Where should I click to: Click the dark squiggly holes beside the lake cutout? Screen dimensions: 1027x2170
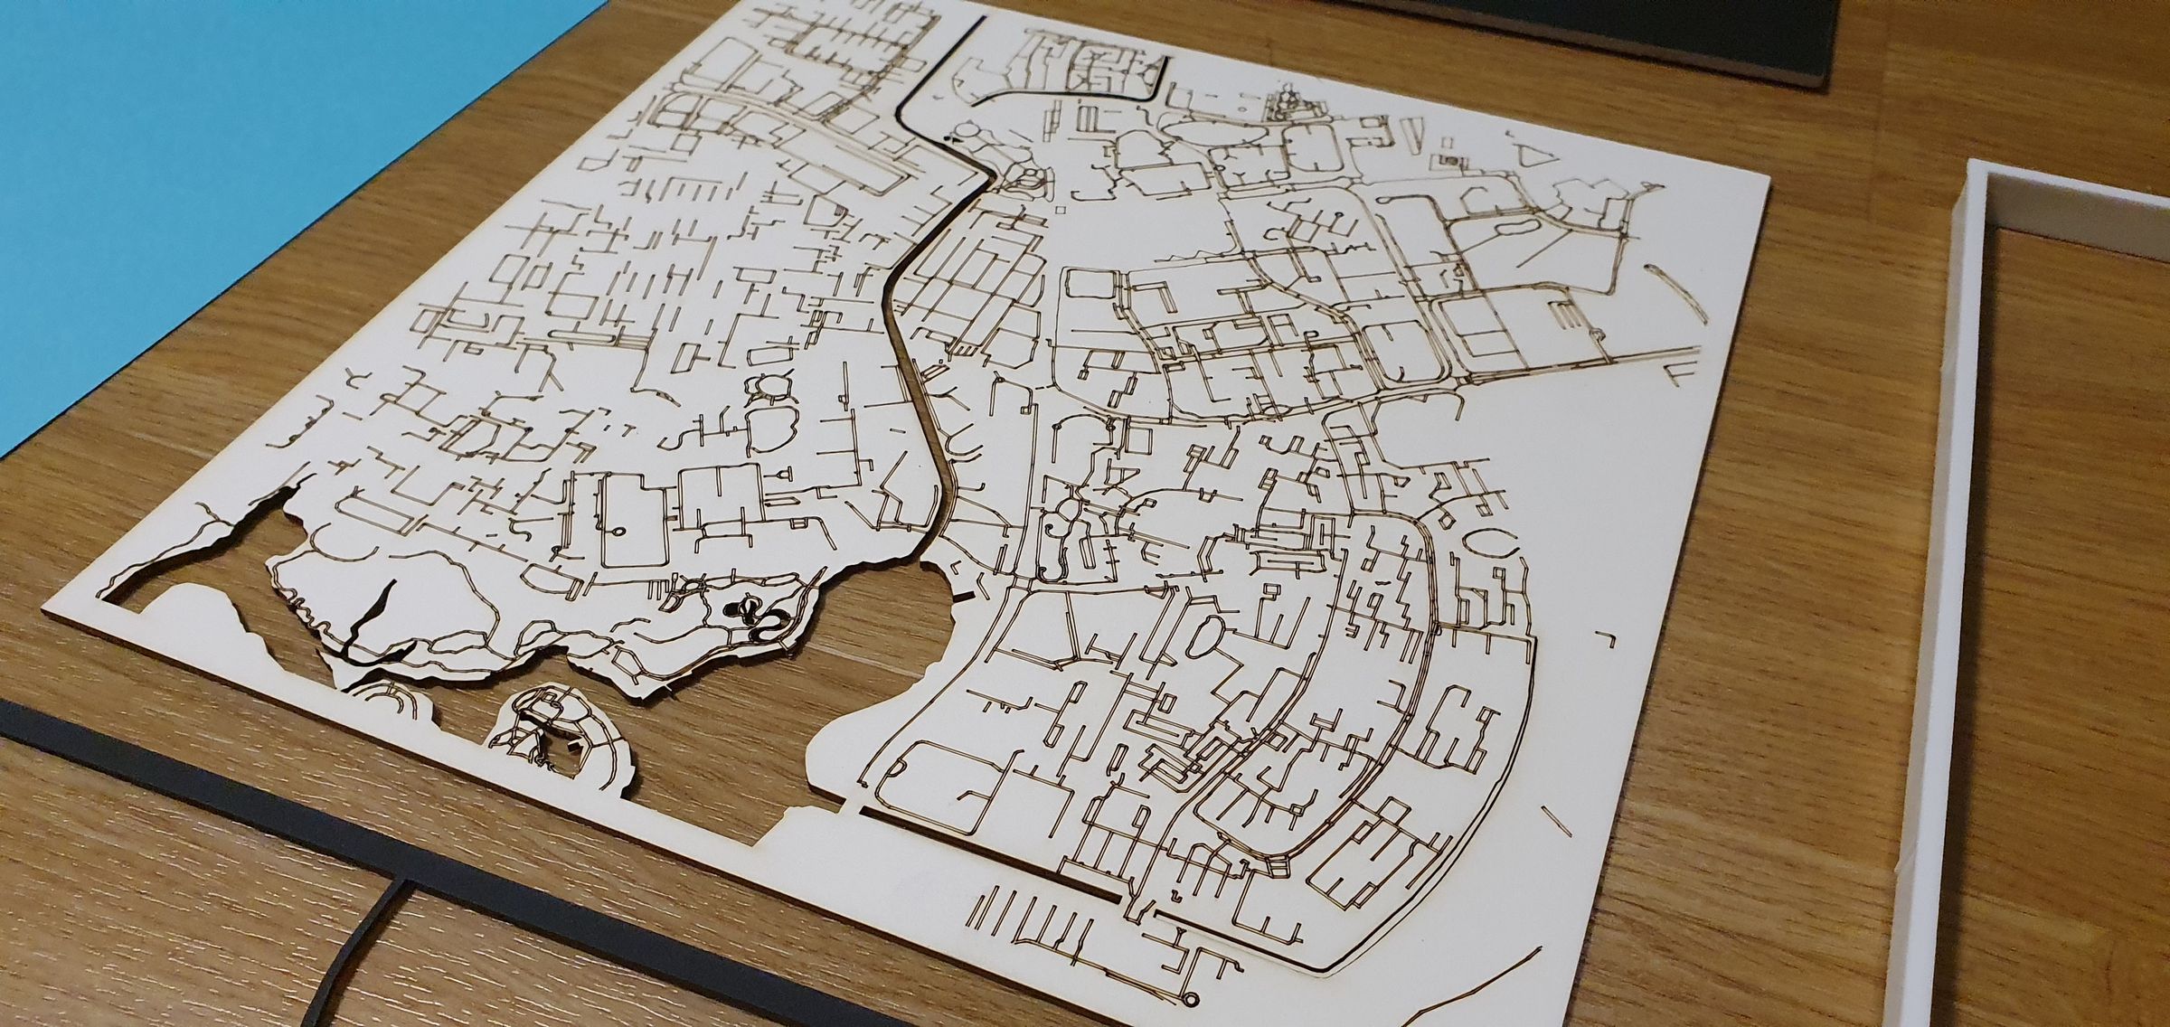click(x=755, y=616)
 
